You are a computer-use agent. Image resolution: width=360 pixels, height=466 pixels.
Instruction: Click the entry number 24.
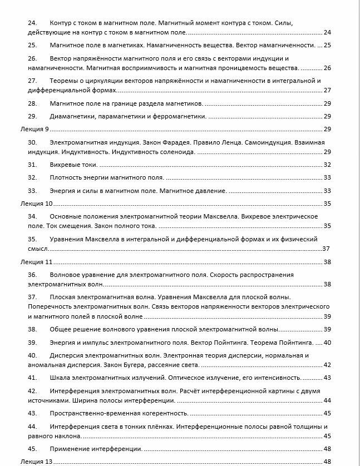tap(32, 22)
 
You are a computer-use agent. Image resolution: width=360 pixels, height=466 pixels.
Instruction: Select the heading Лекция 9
tap(32, 129)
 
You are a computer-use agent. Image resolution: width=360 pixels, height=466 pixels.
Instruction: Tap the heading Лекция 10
tap(33, 204)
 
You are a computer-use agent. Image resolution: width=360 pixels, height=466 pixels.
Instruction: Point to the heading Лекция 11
tap(33, 262)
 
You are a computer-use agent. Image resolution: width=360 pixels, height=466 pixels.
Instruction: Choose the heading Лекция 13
tap(33, 462)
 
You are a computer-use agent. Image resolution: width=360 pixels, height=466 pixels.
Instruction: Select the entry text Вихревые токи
tap(73, 165)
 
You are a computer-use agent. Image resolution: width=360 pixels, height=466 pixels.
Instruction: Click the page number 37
tap(327, 249)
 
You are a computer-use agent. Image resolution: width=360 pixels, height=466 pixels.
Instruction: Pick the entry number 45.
tap(32, 449)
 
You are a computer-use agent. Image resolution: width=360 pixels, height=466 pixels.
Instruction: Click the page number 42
tap(327, 365)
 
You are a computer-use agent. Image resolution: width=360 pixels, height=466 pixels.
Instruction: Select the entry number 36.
tap(32, 275)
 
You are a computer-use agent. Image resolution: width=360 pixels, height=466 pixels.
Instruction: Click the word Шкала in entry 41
tap(60, 378)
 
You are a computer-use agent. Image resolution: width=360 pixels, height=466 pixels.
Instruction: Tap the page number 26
tap(327, 68)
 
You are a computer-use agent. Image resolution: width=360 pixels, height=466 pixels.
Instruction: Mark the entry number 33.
tap(32, 191)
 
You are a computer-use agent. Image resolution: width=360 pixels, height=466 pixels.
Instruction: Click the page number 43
tap(327, 378)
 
